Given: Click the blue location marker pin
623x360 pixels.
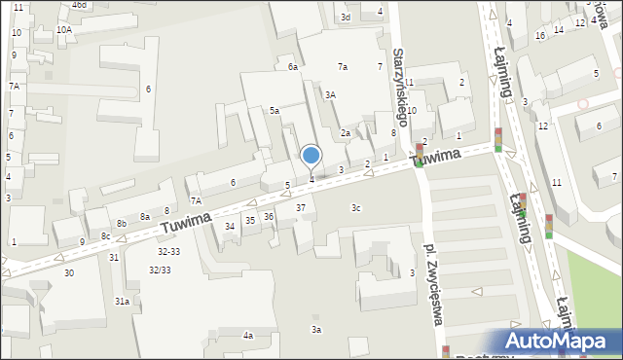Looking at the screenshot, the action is [x=311, y=156].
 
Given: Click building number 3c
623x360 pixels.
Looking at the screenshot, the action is [x=356, y=207].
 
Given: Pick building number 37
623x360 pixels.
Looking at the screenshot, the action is [x=302, y=208].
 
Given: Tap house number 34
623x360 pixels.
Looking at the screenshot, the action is [x=230, y=227].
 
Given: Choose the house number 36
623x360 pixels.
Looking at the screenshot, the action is [x=269, y=216].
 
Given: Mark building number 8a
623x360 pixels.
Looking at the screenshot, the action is [x=144, y=217].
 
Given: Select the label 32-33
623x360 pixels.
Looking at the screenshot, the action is [x=169, y=251].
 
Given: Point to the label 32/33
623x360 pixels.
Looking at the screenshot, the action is [x=160, y=270].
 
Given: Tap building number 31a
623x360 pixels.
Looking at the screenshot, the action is [x=122, y=303].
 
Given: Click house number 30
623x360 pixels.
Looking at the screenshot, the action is [x=68, y=273].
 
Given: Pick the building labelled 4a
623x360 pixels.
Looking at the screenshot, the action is [x=248, y=336].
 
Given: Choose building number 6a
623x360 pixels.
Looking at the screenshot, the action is [x=292, y=67].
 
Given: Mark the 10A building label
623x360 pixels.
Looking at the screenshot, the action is [x=63, y=30].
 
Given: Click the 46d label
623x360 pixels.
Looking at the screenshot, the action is [x=79, y=5].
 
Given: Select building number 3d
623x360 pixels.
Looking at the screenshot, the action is [x=345, y=18].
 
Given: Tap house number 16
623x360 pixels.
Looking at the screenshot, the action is [x=539, y=36].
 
